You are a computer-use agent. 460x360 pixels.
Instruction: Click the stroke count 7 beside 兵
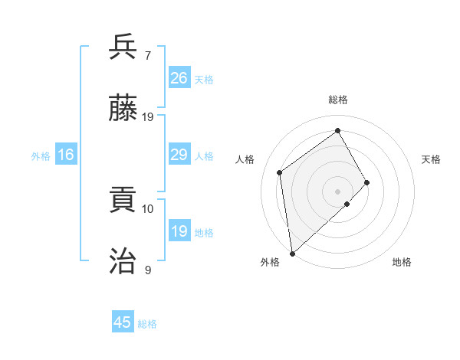coord(148,55)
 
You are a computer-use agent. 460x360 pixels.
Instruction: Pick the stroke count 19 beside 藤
coord(148,117)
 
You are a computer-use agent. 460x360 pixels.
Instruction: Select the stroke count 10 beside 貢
coord(148,208)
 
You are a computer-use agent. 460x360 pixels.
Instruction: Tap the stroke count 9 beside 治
coord(148,270)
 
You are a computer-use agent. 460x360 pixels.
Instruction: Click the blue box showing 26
coord(179,78)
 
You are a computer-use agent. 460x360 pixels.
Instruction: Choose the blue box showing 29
coord(179,155)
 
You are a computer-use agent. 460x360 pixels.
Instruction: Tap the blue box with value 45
coord(123,322)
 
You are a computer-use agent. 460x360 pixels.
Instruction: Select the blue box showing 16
coord(66,155)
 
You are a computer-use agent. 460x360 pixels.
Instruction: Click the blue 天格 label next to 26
coord(204,80)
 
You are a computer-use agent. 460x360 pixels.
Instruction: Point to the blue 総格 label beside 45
coord(147,324)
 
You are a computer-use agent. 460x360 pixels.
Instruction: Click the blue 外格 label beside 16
coord(41,156)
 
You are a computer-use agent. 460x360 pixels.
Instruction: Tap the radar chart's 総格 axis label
coord(337,100)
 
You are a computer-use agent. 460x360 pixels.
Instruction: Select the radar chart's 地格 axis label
coord(402,262)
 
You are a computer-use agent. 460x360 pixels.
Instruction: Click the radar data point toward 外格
coord(292,253)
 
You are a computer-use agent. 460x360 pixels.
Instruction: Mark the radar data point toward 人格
coord(280,172)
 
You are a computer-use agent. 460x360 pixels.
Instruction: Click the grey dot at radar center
coord(337,190)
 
